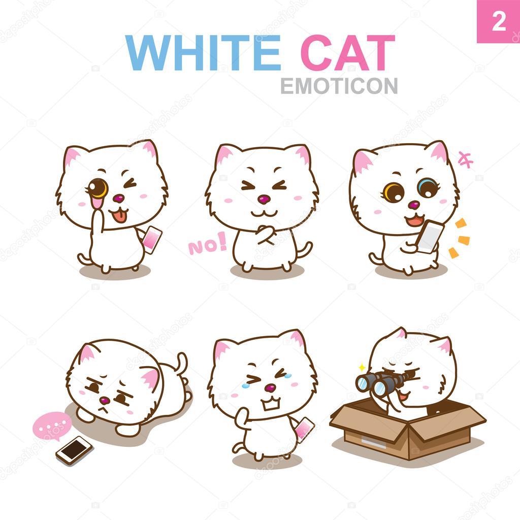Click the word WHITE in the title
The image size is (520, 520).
tap(203, 53)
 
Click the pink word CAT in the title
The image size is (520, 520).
tap(347, 53)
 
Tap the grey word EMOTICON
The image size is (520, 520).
tap(339, 86)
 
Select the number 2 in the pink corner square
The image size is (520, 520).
tap(498, 21)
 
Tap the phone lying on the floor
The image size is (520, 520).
tap(74, 449)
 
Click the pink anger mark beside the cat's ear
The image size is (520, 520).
tap(465, 159)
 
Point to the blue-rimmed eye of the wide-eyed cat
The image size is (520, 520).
tap(426, 188)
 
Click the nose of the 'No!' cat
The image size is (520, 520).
tap(264, 200)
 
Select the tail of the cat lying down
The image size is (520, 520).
tap(180, 364)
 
